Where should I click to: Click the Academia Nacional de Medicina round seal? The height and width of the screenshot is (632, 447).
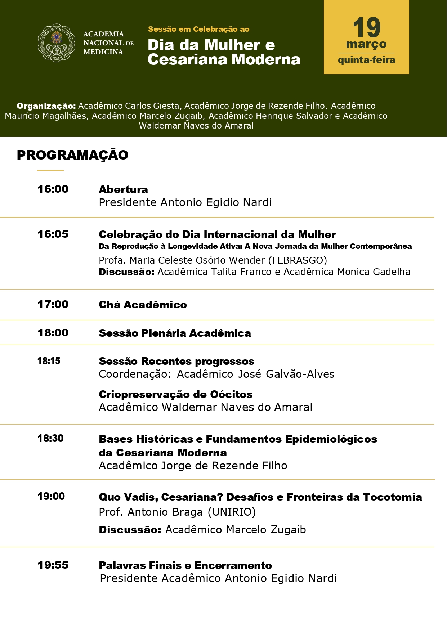(x=57, y=43)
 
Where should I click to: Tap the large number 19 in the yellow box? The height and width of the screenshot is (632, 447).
(x=366, y=28)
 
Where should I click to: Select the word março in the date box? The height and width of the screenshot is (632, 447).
(x=366, y=45)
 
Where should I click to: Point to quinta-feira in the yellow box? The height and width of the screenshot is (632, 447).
(x=366, y=60)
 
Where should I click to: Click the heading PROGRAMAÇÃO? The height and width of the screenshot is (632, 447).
(x=72, y=155)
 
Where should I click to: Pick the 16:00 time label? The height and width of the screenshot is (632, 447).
(x=53, y=189)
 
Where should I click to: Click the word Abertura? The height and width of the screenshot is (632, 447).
(x=123, y=189)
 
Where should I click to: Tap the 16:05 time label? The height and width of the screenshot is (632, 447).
(x=53, y=234)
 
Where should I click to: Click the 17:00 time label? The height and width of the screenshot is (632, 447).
(x=53, y=304)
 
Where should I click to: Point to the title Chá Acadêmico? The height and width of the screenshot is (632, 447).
(x=143, y=305)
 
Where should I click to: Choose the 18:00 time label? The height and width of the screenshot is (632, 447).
(x=53, y=333)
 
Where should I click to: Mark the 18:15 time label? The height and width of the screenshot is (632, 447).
(x=49, y=361)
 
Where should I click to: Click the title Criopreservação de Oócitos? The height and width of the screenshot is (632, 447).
(x=175, y=394)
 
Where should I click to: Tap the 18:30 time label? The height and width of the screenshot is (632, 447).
(x=50, y=438)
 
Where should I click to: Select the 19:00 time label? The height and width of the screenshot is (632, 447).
(x=51, y=496)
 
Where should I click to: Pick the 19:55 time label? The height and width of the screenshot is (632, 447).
(x=53, y=565)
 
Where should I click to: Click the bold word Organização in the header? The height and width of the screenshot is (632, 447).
(x=46, y=106)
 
